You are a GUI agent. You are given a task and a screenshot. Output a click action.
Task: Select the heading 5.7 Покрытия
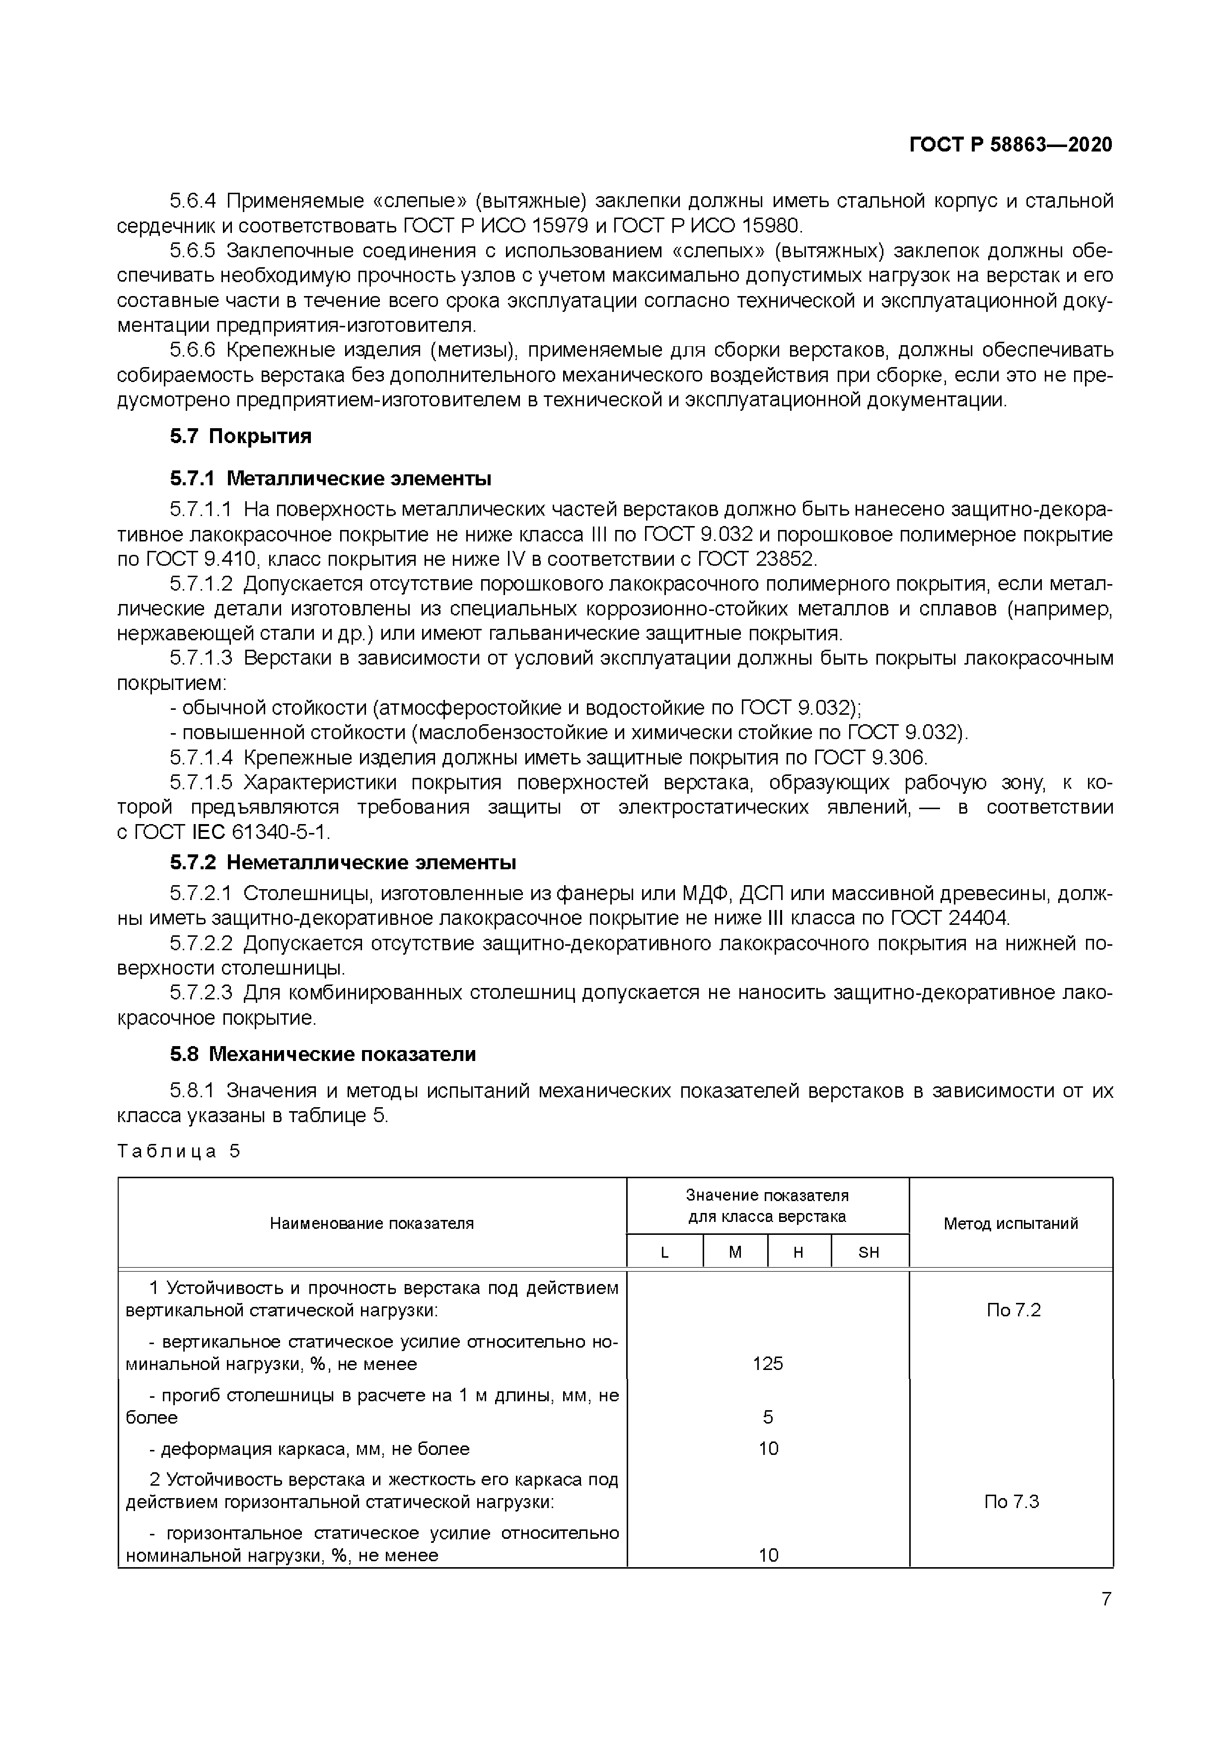[x=240, y=436]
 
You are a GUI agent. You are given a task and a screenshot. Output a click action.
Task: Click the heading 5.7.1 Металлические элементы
[x=330, y=479]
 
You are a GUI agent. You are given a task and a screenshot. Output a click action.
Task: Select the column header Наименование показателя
[x=372, y=1223]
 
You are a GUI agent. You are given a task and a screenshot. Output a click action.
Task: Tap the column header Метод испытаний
[x=1011, y=1223]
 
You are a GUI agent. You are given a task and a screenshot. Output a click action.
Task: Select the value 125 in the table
[x=768, y=1363]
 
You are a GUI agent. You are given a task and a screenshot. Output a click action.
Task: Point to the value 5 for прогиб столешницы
[x=768, y=1417]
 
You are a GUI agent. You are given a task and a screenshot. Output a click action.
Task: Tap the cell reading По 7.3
[x=1011, y=1502]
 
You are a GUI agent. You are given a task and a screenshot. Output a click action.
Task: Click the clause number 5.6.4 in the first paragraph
[x=193, y=201]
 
